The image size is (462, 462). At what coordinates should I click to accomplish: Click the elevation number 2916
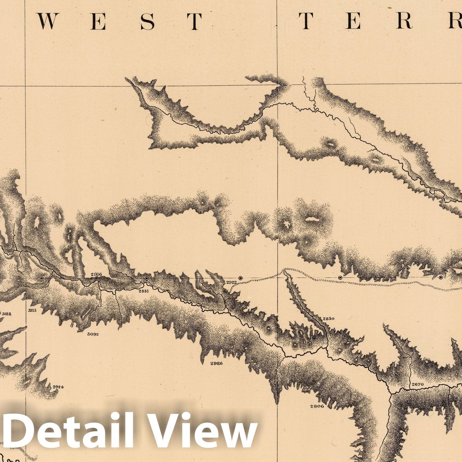coord(96,274)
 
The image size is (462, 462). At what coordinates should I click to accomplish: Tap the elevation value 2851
coord(144,291)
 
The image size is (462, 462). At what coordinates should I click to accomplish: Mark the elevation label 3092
coord(93,334)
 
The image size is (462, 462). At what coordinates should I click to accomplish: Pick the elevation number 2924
coord(57,388)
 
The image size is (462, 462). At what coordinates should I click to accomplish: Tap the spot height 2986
coord(216,363)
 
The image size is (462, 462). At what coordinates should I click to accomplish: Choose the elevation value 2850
coord(328,318)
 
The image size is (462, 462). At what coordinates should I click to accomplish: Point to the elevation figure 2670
coord(418,384)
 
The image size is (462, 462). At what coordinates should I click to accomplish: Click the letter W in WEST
coord(46,21)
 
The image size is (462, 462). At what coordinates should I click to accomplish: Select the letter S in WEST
coord(148,21)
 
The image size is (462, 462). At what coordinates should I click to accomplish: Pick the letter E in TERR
coord(353,21)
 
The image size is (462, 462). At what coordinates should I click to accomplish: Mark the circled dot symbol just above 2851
coord(147,278)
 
